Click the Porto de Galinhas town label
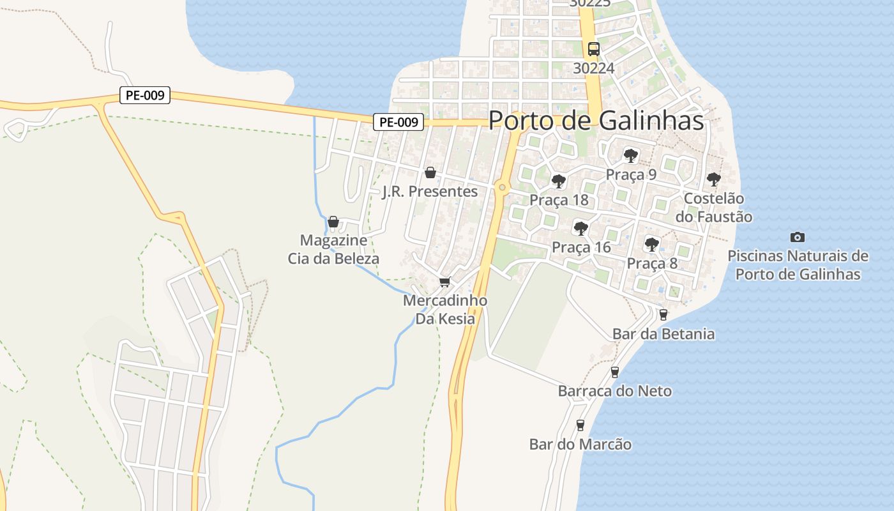(596, 121)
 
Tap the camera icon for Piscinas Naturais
(798, 237)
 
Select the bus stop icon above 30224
(594, 49)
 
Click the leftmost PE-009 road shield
(145, 96)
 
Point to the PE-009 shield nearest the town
(398, 122)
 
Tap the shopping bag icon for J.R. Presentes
(430, 172)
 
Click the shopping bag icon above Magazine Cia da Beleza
(333, 222)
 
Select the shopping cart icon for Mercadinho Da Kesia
(445, 282)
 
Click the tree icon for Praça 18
(558, 181)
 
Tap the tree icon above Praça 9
(631, 155)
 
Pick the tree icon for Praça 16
(580, 228)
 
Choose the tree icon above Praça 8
(651, 244)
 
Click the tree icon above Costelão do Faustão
(713, 179)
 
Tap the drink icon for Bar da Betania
(663, 314)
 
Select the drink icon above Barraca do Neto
(615, 372)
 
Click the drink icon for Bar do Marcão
(580, 425)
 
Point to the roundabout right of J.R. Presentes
(503, 187)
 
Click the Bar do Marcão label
(580, 445)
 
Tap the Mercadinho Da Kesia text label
(445, 309)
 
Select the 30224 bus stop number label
(594, 68)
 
